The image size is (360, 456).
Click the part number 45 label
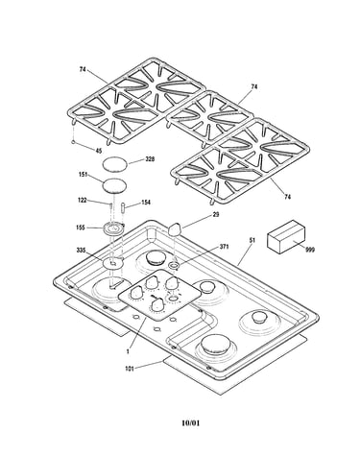pyautogui.click(x=99, y=151)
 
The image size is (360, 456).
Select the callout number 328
pyautogui.click(x=149, y=158)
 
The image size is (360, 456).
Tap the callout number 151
pyautogui.click(x=84, y=175)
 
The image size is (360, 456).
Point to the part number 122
pyautogui.click(x=83, y=201)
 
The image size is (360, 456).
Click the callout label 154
pyautogui.click(x=145, y=203)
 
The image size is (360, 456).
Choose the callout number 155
pyautogui.click(x=81, y=228)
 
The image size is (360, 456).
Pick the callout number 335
pyautogui.click(x=81, y=250)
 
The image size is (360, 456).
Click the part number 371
pyautogui.click(x=225, y=247)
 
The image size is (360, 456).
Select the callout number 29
pyautogui.click(x=216, y=214)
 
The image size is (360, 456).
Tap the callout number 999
pyautogui.click(x=309, y=250)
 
